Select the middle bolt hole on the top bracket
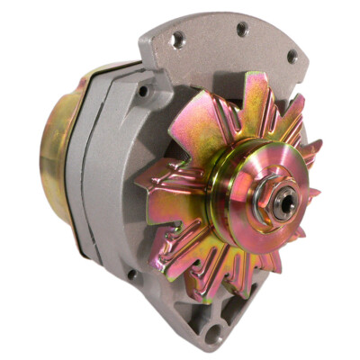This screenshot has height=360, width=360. [x=241, y=30]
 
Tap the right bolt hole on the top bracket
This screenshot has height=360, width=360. [x=292, y=56]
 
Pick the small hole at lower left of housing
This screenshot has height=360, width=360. [x=132, y=274]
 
